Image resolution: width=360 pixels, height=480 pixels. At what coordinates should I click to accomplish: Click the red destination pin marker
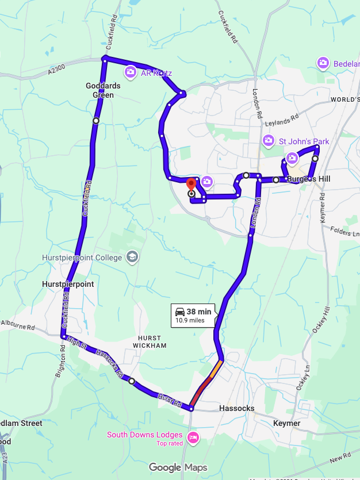[192, 185]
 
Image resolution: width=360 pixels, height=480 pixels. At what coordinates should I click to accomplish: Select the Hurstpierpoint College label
[82, 258]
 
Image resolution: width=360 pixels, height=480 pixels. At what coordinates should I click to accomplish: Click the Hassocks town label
[236, 408]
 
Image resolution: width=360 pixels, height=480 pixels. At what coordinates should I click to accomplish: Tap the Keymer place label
[287, 423]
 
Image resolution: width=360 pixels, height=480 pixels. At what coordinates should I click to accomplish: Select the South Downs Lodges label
[144, 435]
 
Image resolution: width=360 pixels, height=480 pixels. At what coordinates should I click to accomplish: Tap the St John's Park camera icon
[268, 140]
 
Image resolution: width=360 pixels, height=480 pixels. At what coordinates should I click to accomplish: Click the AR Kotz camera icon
[131, 72]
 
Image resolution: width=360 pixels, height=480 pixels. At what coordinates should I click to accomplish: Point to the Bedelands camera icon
[323, 63]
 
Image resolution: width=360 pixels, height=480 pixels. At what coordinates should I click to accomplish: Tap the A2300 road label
[58, 69]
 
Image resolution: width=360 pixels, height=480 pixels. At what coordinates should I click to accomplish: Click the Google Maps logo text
[178, 467]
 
